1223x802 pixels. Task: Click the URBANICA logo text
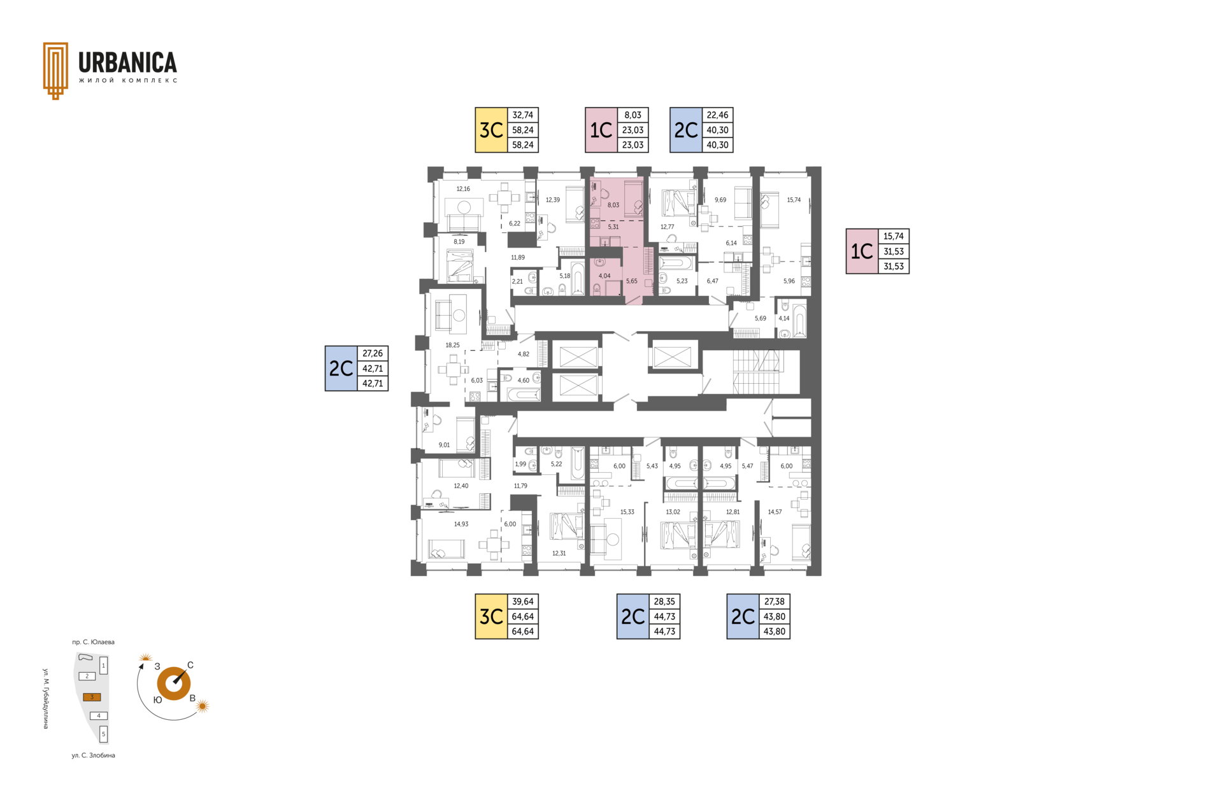[127, 62]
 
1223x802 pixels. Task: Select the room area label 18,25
[452, 345]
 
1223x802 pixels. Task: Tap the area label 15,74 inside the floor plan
[794, 200]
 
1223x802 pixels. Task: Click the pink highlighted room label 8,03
[613, 205]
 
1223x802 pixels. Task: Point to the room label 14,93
[461, 524]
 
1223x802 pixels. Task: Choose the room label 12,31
[559, 553]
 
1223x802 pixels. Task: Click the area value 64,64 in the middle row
[523, 616]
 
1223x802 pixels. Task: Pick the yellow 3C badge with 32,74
[491, 130]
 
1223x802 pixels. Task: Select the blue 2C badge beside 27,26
[341, 369]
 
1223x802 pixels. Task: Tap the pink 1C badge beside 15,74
[862, 251]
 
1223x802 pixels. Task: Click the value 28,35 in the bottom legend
[664, 601]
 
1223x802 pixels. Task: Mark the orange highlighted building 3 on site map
[92, 697]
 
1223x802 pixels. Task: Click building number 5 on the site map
[104, 734]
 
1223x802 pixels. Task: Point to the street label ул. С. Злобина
[94, 756]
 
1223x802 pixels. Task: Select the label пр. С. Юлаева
[94, 642]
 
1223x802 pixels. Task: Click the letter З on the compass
[157, 666]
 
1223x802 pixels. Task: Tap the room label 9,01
[444, 445]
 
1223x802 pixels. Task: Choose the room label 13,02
[673, 512]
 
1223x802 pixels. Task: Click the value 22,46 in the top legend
[717, 115]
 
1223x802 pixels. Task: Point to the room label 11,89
[518, 257]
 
